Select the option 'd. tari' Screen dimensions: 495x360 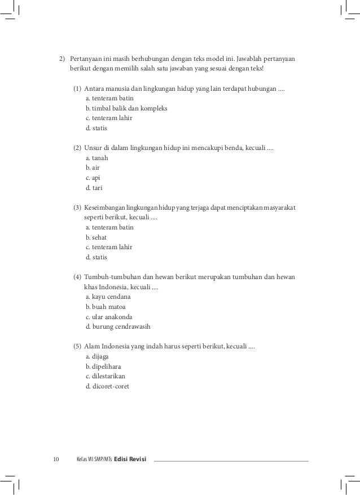point(94,188)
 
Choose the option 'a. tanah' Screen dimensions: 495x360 point(96,158)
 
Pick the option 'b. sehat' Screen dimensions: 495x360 point(96,237)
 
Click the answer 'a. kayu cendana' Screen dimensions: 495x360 point(108,297)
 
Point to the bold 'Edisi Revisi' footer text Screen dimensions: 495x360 point(130,461)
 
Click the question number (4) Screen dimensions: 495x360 point(77,277)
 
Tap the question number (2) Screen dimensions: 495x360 point(77,148)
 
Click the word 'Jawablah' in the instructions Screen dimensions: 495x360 point(250,59)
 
